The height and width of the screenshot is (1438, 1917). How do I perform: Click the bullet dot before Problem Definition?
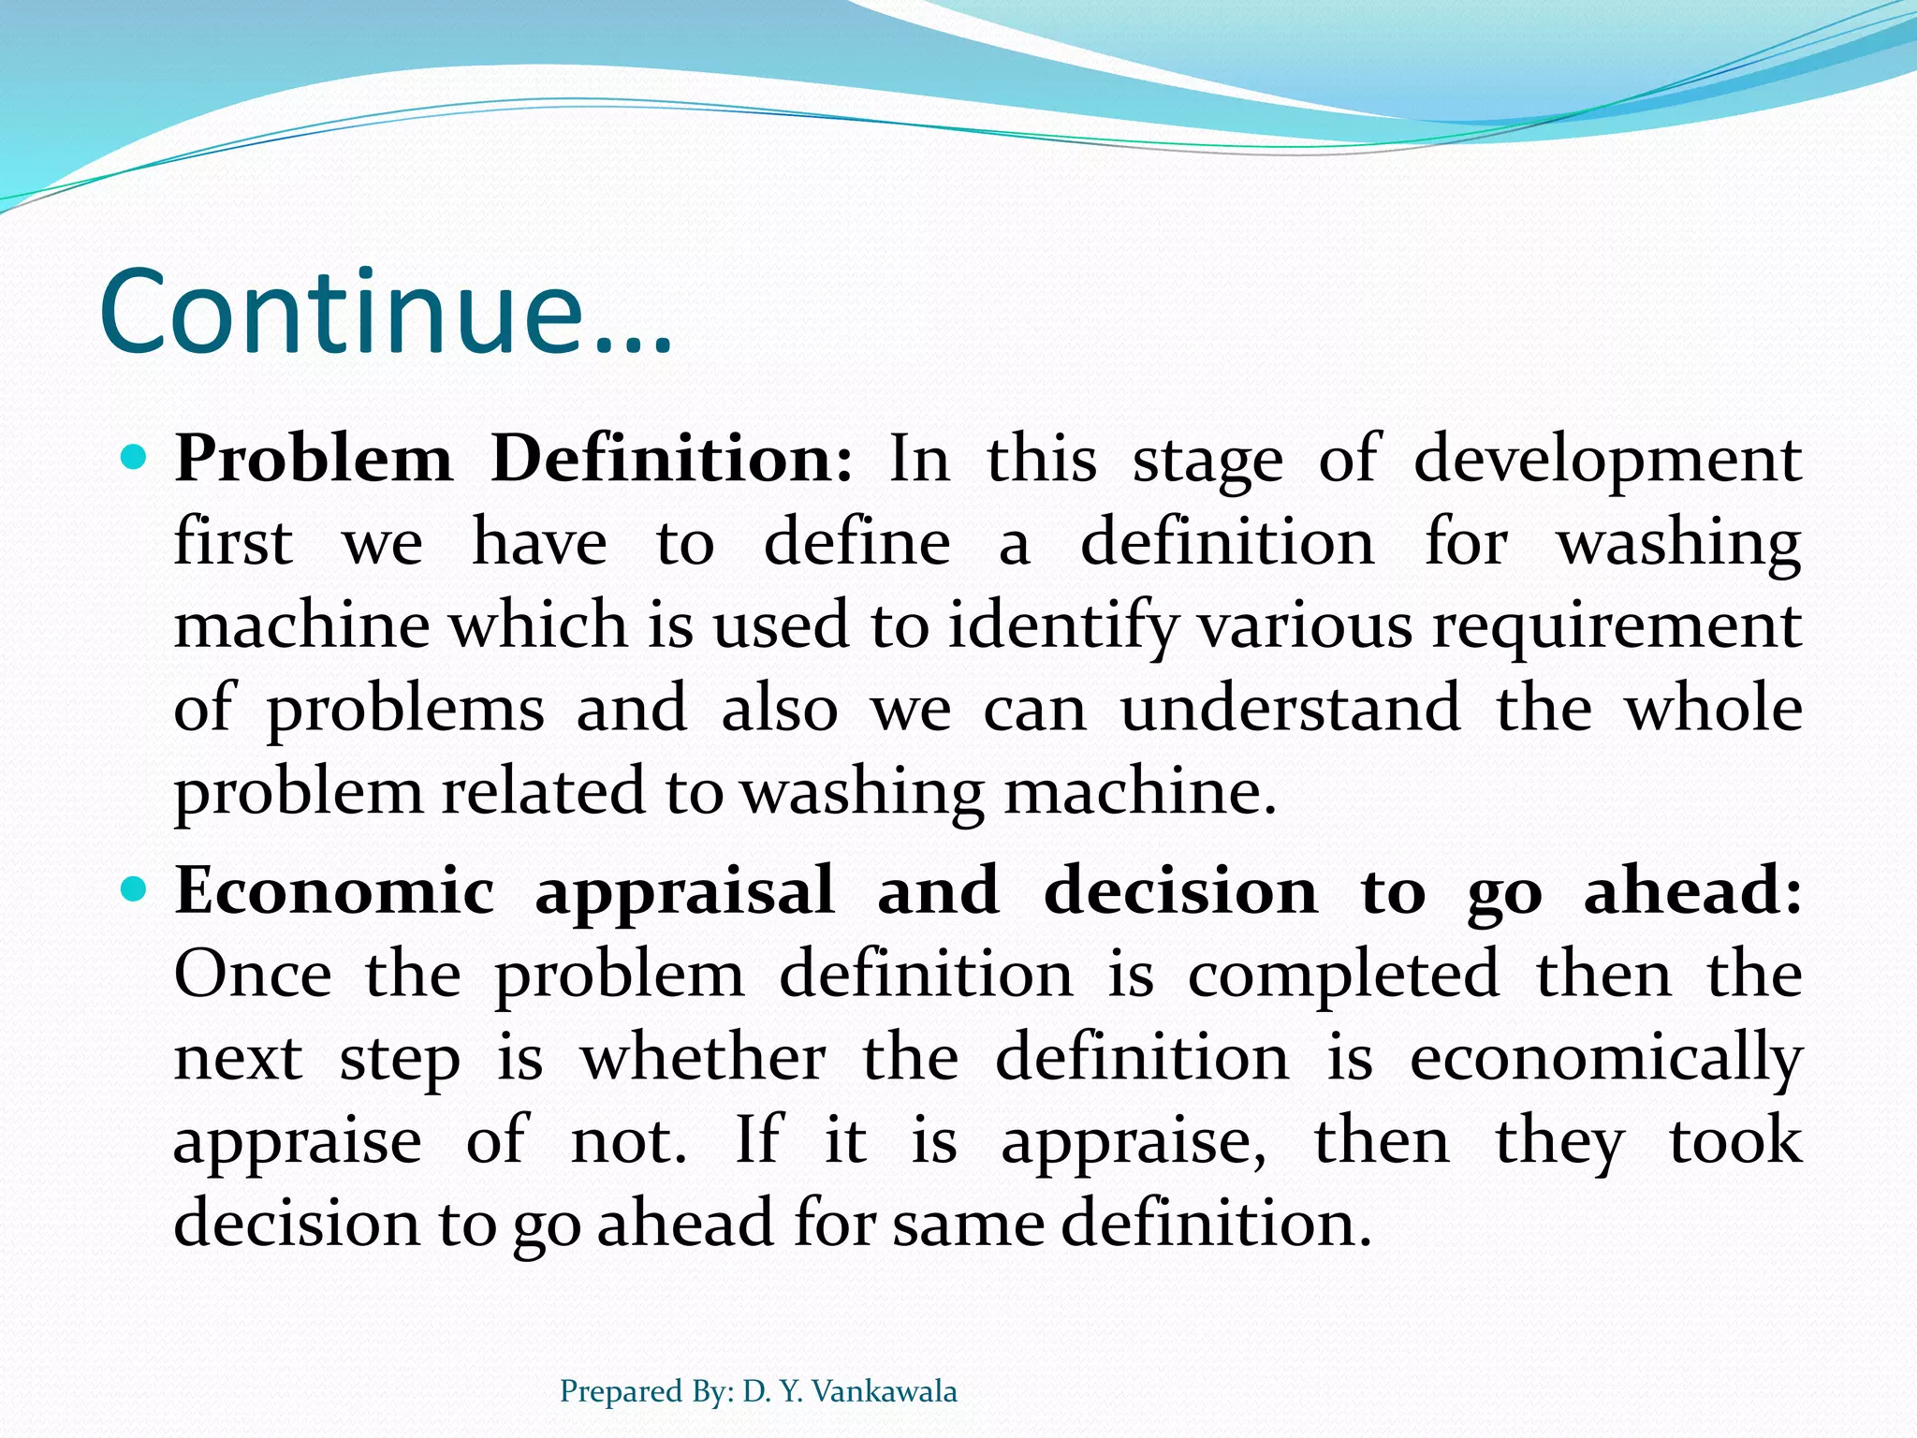[135, 459]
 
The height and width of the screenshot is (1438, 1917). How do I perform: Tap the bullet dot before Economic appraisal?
[135, 889]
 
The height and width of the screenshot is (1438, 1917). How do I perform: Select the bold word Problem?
[313, 461]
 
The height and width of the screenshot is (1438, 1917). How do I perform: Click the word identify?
[1062, 627]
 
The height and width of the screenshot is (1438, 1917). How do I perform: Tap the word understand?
[1290, 709]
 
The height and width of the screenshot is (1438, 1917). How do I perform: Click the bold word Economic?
[334, 891]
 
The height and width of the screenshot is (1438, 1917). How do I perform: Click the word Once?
[253, 975]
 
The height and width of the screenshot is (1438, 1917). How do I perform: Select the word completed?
[1343, 975]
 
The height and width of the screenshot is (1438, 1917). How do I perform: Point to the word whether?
[703, 1058]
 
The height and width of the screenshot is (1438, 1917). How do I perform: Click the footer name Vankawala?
[884, 1391]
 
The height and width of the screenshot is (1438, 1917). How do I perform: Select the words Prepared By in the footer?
[646, 1391]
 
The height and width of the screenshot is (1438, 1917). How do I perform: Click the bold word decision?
[1179, 891]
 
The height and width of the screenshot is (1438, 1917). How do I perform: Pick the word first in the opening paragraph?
[233, 543]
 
